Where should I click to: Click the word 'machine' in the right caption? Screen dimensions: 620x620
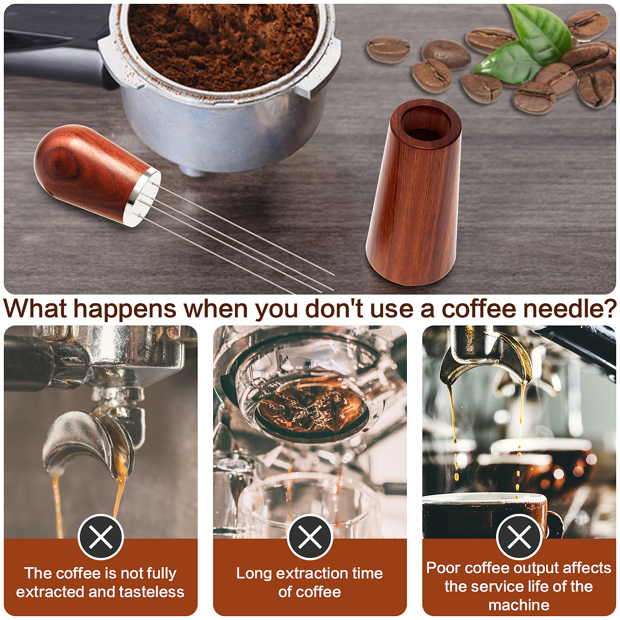(x=519, y=605)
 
